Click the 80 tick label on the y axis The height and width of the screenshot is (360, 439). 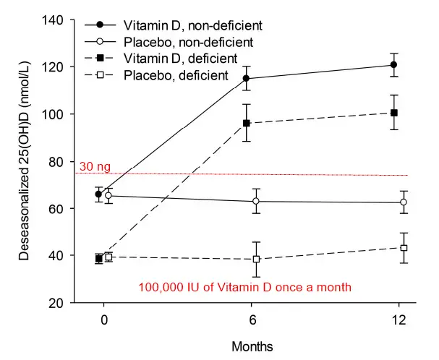pos(61,161)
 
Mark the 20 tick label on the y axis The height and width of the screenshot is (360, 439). pos(61,303)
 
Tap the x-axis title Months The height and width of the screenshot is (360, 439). pos(252,346)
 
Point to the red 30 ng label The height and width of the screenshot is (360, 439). pos(95,168)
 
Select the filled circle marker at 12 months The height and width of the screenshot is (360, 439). pos(393,65)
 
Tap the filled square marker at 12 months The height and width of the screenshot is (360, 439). pos(393,113)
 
